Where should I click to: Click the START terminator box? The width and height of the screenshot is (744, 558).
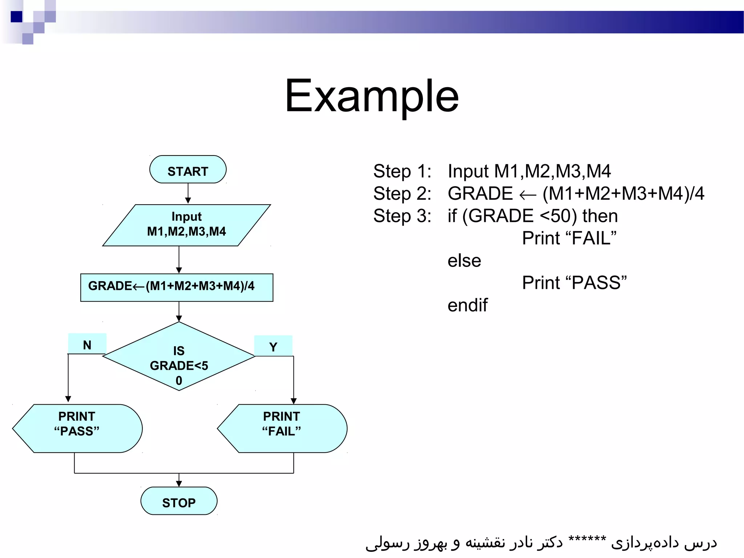pyautogui.click(x=188, y=170)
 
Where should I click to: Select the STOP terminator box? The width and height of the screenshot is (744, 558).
pyautogui.click(x=179, y=501)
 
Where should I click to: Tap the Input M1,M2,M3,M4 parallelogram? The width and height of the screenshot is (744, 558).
pyautogui.click(x=186, y=225)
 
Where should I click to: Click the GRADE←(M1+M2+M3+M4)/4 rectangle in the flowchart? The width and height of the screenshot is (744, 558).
pyautogui.click(x=177, y=287)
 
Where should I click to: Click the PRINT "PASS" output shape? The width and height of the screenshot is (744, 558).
pyautogui.click(x=77, y=428)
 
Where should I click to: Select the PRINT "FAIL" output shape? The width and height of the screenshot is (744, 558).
pyautogui.click(x=282, y=428)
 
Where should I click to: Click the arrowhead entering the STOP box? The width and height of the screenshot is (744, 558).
pyautogui.click(x=179, y=483)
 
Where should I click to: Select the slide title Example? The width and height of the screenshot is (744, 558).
pyautogui.click(x=372, y=96)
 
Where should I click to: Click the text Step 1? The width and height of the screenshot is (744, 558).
pyautogui.click(x=402, y=171)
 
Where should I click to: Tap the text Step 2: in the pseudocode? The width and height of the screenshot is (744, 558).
pyautogui.click(x=402, y=194)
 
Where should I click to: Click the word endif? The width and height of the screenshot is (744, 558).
pyautogui.click(x=467, y=305)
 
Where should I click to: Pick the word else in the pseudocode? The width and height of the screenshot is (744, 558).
pyautogui.click(x=464, y=260)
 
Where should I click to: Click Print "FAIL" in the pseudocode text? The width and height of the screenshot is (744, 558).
pyautogui.click(x=569, y=238)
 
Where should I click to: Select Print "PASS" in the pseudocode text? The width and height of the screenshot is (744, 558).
pyautogui.click(x=574, y=283)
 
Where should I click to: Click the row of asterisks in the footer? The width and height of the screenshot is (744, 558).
pyautogui.click(x=587, y=539)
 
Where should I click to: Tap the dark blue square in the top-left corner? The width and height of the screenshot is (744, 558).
pyautogui.click(x=16, y=16)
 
